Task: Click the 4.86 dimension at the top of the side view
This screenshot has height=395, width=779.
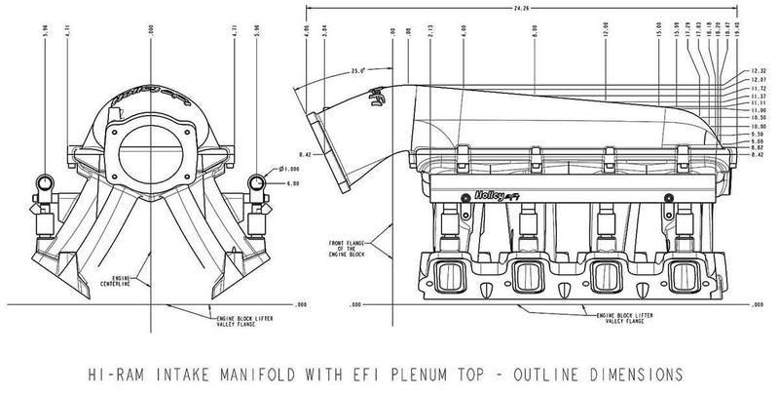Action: pyautogui.click(x=306, y=31)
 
